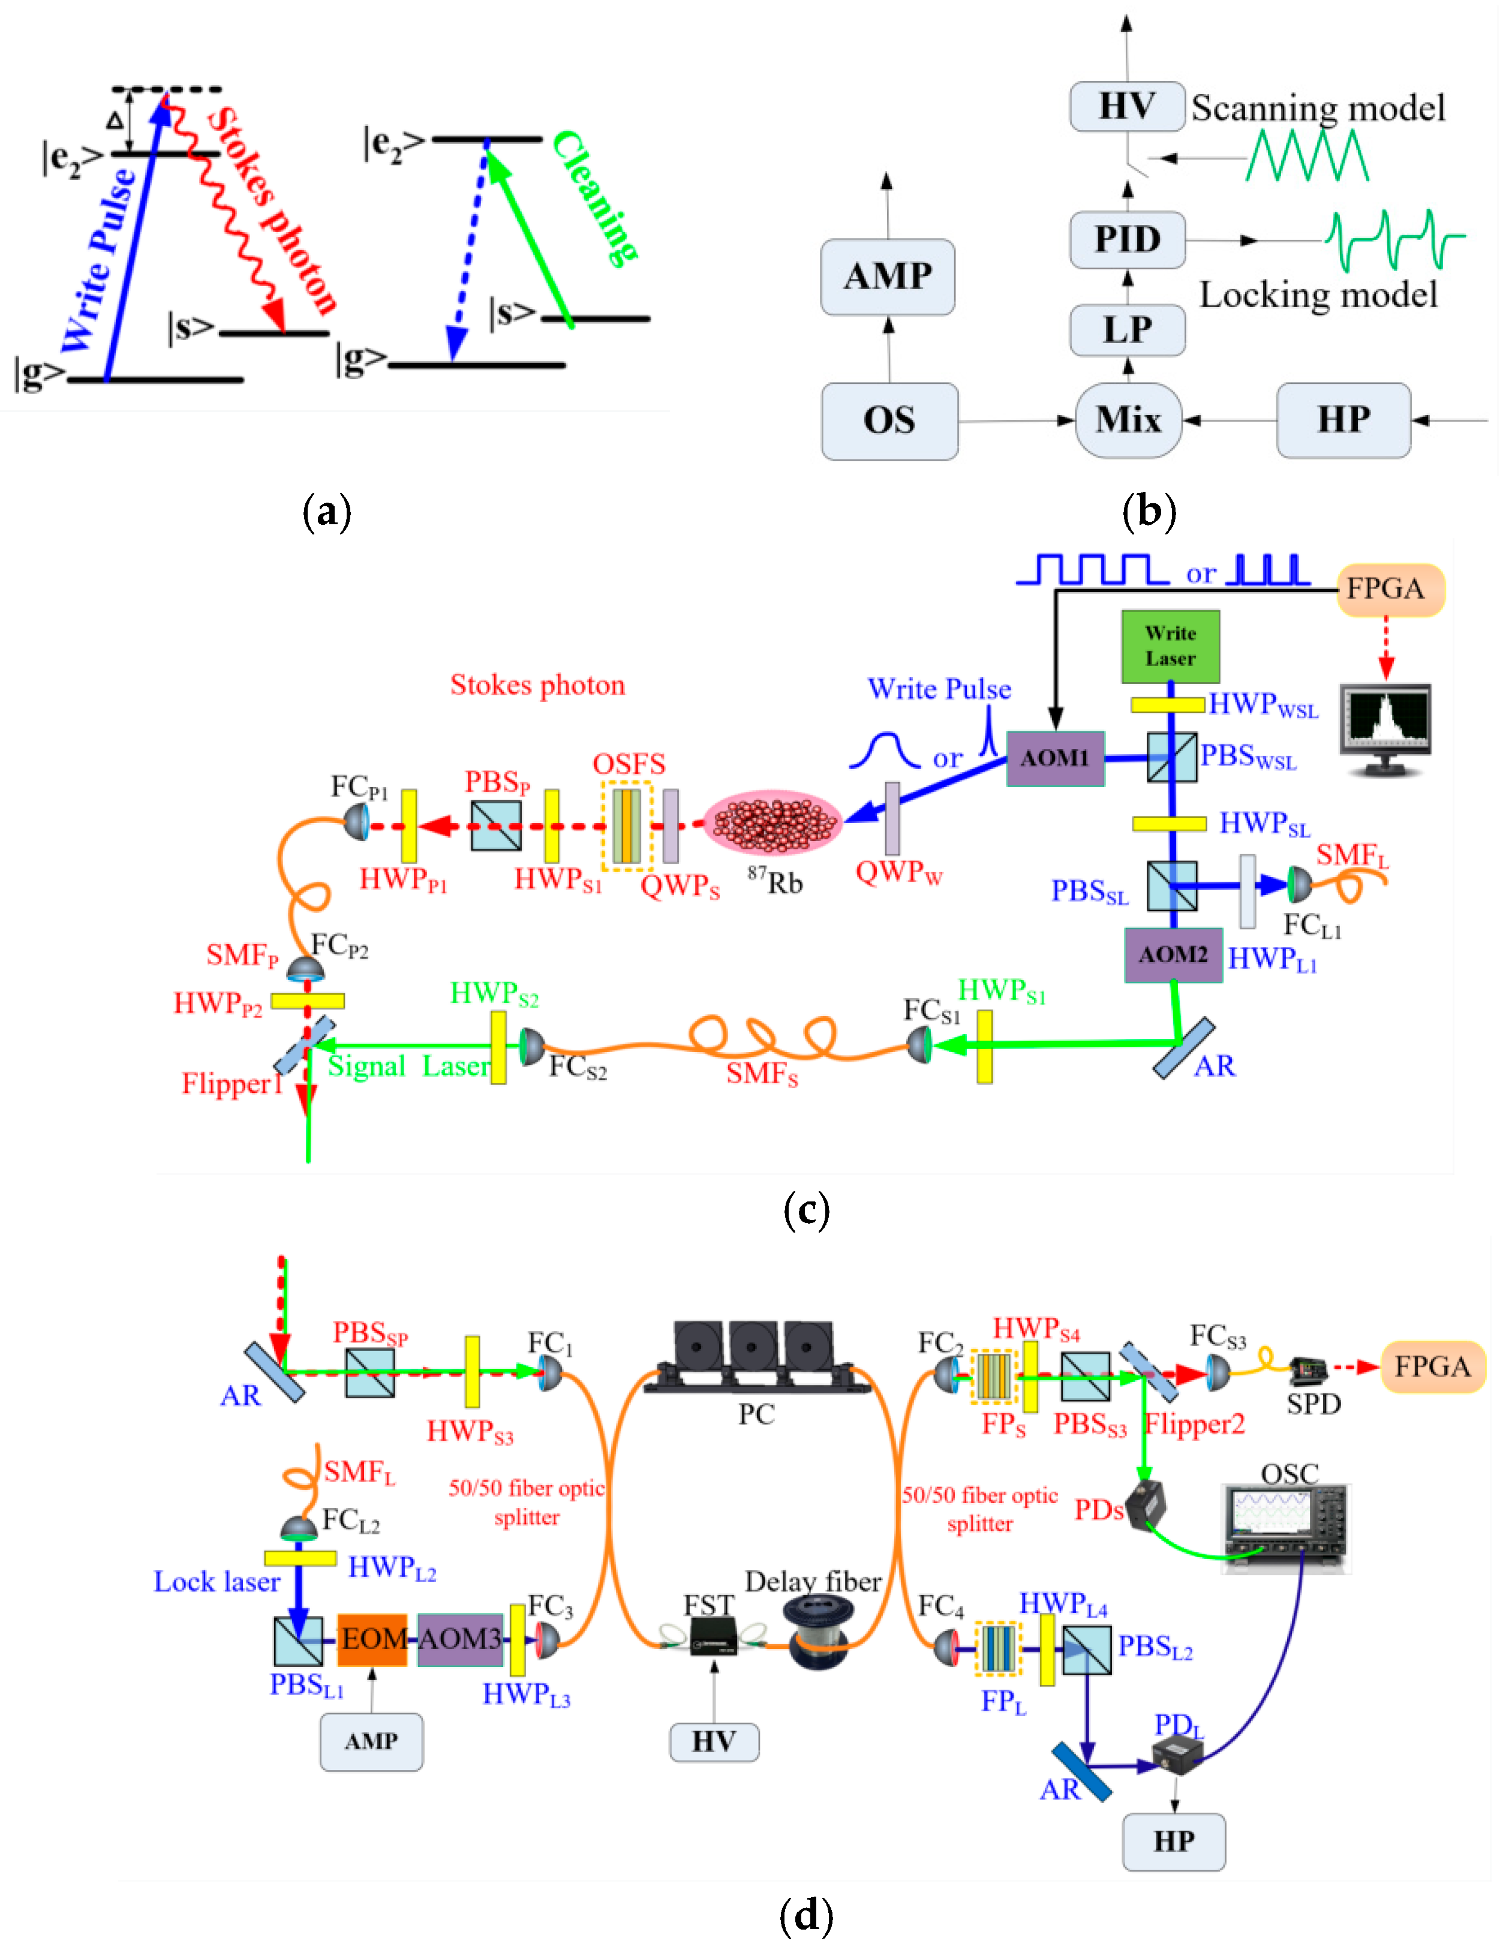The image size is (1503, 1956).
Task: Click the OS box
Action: [x=889, y=420]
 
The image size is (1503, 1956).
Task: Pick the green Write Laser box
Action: [x=1170, y=646]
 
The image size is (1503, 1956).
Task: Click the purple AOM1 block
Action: [x=1055, y=758]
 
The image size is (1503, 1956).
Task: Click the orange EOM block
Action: [x=372, y=1639]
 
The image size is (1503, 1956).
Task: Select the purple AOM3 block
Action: [x=460, y=1639]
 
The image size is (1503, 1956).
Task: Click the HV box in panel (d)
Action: [x=713, y=1741]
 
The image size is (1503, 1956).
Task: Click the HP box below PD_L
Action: [x=1173, y=1841]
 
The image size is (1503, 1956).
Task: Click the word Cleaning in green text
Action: [x=595, y=197]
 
